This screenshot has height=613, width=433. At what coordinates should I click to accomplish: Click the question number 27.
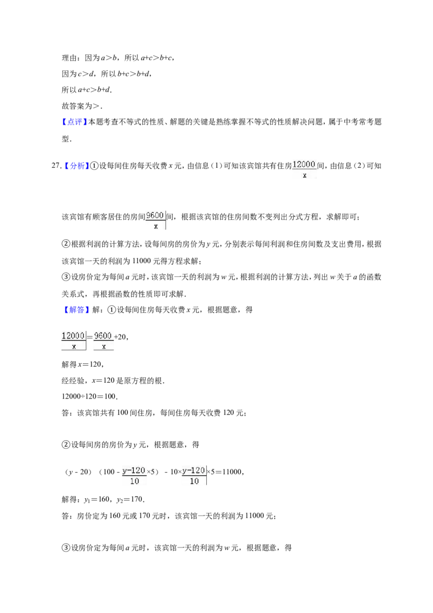[x=56, y=166]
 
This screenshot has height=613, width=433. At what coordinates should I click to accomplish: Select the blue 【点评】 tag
[x=75, y=122]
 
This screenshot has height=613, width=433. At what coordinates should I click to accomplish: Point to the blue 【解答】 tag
[x=75, y=310]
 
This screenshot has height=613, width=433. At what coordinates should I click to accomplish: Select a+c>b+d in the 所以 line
[x=94, y=90]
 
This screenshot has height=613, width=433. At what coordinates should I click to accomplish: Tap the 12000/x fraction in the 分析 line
[x=304, y=169]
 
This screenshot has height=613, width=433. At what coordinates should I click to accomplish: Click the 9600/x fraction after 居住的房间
[x=155, y=220]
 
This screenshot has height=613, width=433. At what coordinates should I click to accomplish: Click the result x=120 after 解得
[x=90, y=365]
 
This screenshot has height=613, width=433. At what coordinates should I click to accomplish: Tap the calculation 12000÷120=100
[x=89, y=396]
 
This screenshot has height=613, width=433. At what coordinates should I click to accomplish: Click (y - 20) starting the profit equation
[x=78, y=472]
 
